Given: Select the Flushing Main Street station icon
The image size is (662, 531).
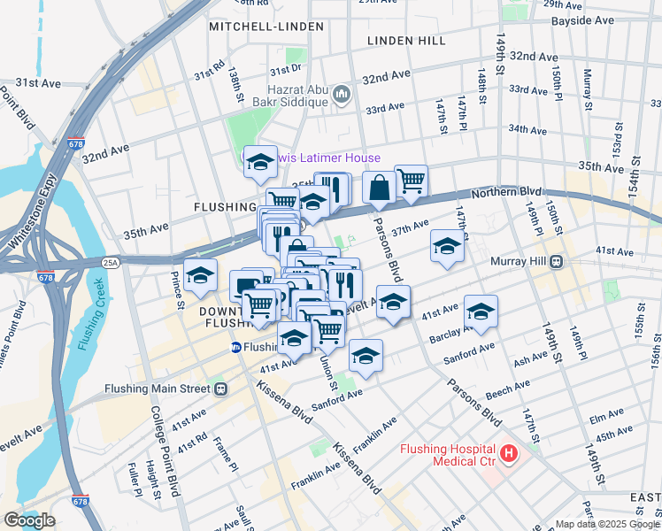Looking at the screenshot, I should (220, 389).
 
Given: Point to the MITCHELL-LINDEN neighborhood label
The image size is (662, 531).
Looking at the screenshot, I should (266, 27).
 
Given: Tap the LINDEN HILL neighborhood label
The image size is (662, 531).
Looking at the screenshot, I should (407, 41).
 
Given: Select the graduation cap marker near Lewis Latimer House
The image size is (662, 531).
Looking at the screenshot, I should (260, 161).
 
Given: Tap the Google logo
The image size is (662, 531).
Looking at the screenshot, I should (29, 520).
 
